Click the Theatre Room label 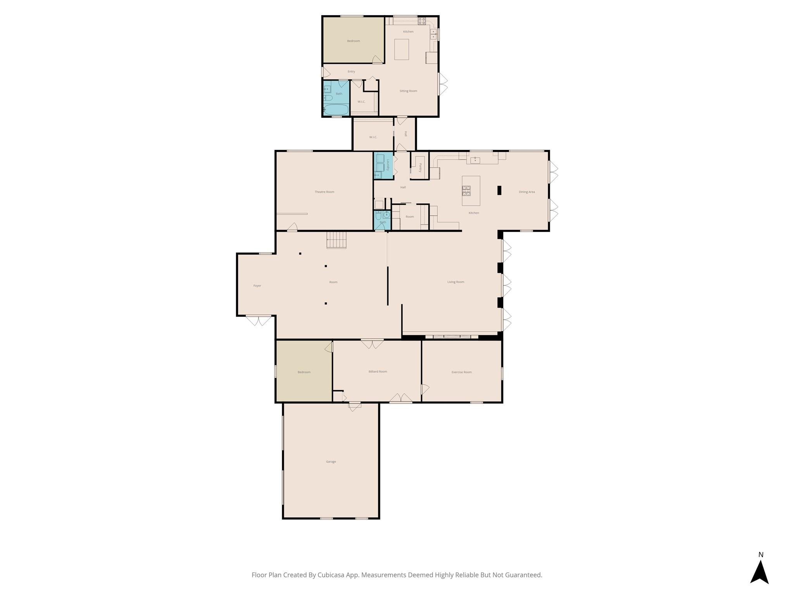point(324,192)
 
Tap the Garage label point(331,461)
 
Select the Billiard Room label point(378,371)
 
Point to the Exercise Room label point(461,372)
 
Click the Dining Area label point(526,192)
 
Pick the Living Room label point(456,282)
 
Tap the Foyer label point(257,285)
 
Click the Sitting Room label point(408,91)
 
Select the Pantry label point(420,168)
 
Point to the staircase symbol point(336,240)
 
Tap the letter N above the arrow point(761,555)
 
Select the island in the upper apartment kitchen point(401,49)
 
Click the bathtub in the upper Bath point(336,110)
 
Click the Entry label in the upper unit point(351,72)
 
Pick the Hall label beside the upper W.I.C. point(406,134)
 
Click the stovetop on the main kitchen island point(466,190)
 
